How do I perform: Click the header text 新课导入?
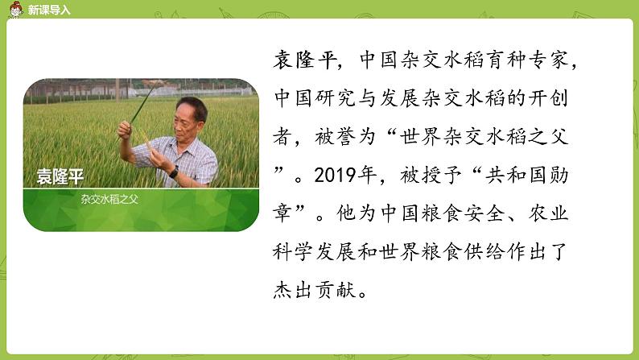[x=48, y=10]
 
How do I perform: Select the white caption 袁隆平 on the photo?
[x=60, y=177]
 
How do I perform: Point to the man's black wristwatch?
[x=173, y=172]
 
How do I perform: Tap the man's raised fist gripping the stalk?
[x=126, y=129]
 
